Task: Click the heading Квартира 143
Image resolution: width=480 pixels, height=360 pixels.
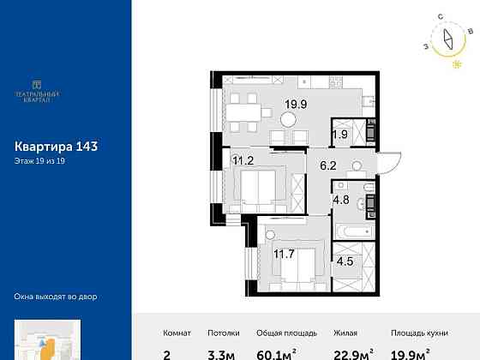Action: pos(57,146)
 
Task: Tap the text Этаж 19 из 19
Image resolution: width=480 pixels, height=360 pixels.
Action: pos(40,160)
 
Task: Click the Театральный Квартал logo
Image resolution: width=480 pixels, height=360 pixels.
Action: pos(35,91)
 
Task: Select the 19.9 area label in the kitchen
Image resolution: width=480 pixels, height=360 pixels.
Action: pos(295,109)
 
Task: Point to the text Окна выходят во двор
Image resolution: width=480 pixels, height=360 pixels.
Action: pos(56,297)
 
